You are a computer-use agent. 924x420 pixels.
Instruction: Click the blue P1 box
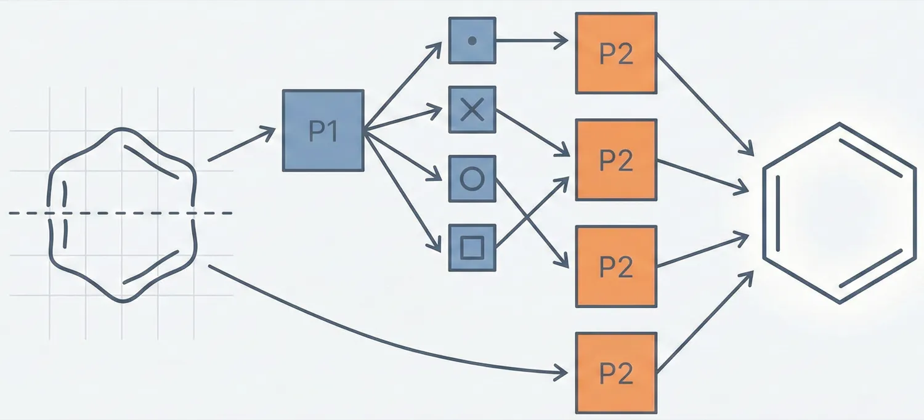pyautogui.click(x=323, y=131)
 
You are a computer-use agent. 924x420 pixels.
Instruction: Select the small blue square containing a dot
pyautogui.click(x=472, y=41)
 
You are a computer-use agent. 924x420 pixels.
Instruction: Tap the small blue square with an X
pyautogui.click(x=472, y=110)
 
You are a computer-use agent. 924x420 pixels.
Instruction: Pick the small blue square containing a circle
pyautogui.click(x=472, y=179)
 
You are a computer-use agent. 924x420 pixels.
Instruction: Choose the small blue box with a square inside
pyautogui.click(x=472, y=248)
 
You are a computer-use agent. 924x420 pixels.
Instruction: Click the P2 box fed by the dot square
pyautogui.click(x=616, y=54)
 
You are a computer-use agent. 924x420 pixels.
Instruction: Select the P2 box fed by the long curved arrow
pyautogui.click(x=616, y=373)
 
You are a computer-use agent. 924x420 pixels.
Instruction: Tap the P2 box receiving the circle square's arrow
pyautogui.click(x=616, y=266)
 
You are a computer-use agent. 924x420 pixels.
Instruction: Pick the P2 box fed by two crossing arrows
pyautogui.click(x=616, y=160)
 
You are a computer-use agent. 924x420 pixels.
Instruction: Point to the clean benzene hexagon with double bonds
pyautogui.click(x=840, y=212)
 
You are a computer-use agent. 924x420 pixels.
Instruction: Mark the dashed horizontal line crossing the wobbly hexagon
pyautogui.click(x=25, y=213)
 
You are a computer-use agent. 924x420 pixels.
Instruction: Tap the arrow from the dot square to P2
pyautogui.click(x=532, y=41)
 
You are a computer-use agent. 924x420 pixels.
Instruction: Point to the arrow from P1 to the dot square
pyautogui.click(x=403, y=86)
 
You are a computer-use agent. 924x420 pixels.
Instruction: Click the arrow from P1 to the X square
pyautogui.click(x=403, y=120)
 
